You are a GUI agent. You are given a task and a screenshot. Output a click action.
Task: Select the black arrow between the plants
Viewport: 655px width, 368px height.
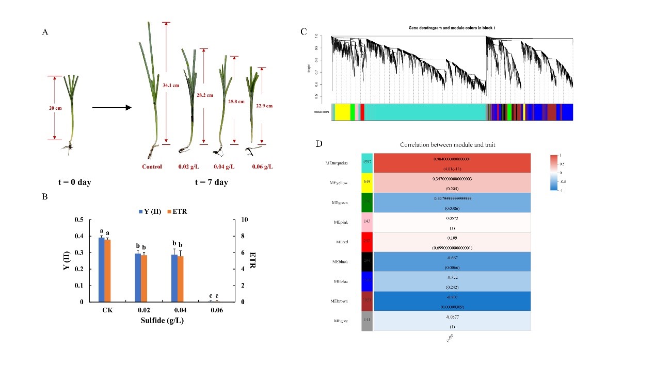111,108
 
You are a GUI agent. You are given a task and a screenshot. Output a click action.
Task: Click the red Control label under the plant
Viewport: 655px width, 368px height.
152,166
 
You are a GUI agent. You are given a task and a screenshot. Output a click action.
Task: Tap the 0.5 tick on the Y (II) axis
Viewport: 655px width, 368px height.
78,220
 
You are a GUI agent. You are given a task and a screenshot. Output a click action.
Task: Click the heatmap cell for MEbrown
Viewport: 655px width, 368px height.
452,301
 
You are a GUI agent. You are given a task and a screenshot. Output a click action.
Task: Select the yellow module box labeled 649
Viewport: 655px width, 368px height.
367,181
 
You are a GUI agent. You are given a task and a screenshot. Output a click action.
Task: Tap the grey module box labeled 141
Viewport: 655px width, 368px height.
367,320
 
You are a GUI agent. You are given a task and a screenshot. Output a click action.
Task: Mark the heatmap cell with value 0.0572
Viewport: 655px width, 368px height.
452,222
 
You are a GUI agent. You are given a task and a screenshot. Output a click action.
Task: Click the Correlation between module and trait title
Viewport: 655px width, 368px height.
447,145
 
